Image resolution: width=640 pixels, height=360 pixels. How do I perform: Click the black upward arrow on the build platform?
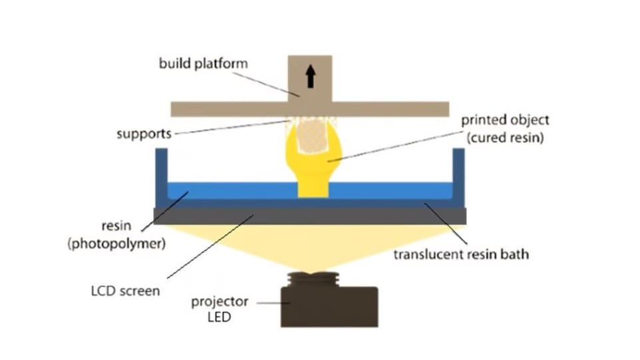coord(310,79)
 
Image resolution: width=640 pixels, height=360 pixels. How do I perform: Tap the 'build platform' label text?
coord(204,64)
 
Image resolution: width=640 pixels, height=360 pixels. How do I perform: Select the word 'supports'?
coord(144,134)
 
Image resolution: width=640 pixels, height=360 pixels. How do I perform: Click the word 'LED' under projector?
coord(221,317)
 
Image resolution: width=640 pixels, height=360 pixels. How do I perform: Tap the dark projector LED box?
coord(329,306)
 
